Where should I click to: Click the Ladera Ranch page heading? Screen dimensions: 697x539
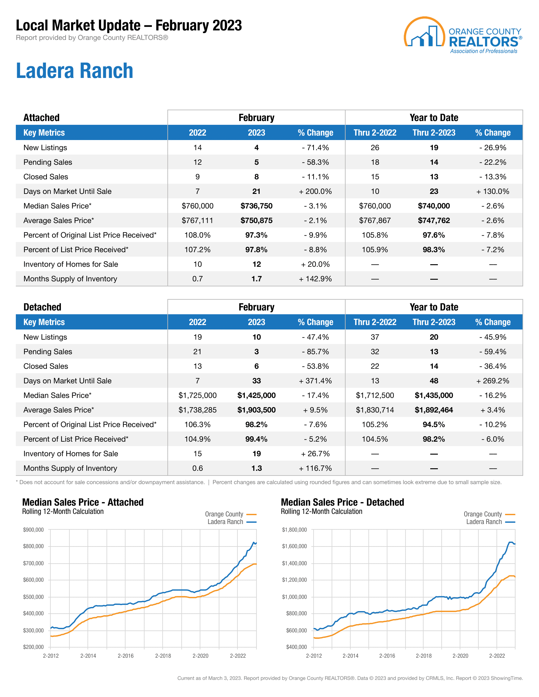[75, 71]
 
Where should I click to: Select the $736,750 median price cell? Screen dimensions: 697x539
[257, 206]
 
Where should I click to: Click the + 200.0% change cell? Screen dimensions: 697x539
[315, 191]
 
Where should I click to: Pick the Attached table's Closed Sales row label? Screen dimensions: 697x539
[46, 177]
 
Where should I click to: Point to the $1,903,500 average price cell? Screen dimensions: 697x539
[257, 410]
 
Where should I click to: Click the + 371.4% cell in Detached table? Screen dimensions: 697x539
[315, 381]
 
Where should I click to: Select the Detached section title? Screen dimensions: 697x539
[42, 307]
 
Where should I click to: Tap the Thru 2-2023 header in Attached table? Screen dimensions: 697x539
[434, 133]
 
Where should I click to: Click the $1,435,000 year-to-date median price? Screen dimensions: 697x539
[434, 395]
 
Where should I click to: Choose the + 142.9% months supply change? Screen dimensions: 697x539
[315, 279]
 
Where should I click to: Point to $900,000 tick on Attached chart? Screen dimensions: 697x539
[33, 530]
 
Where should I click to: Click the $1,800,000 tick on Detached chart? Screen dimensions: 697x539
[294, 530]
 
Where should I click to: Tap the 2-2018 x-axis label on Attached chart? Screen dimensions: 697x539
[163, 656]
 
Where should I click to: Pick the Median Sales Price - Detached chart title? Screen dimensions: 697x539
[342, 502]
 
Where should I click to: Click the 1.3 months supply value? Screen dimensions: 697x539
[257, 468]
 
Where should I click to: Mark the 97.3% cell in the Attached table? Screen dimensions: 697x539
[257, 235]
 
